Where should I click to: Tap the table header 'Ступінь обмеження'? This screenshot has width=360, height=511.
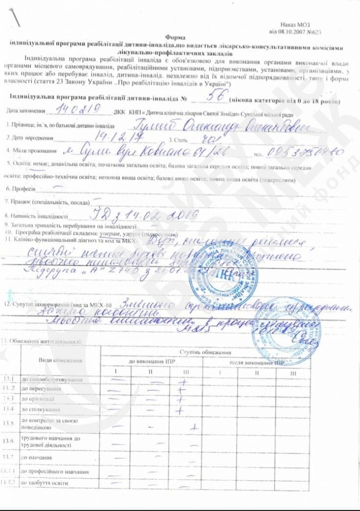[x=205, y=353]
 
